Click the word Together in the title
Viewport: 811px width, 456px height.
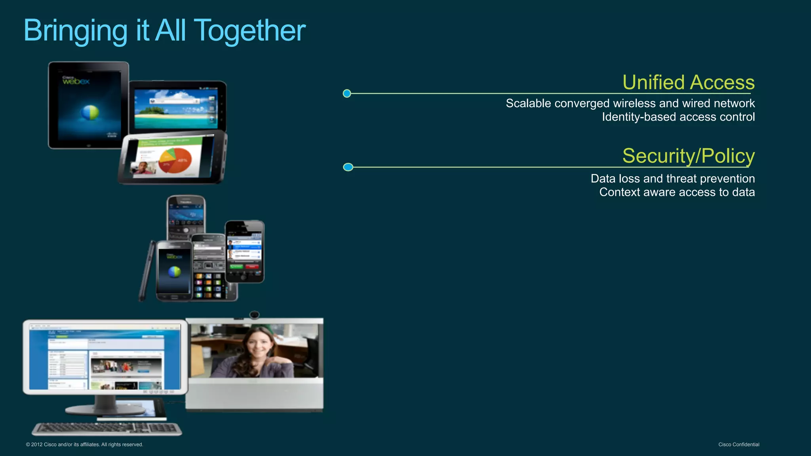coord(250,31)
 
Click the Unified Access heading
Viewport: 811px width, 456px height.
coord(688,82)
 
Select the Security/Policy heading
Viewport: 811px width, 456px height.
coord(688,156)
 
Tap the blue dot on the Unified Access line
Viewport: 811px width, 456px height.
coord(347,93)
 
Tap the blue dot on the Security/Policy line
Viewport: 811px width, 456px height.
coord(348,167)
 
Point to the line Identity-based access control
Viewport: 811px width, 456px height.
coord(678,117)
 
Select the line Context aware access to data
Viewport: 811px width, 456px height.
coord(677,192)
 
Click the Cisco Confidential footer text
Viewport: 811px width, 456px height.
coord(739,445)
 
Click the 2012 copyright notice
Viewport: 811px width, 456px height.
coord(84,445)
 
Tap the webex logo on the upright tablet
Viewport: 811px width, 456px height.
coord(76,81)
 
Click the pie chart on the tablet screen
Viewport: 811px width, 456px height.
coord(175,160)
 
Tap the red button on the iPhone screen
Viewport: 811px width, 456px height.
coord(252,267)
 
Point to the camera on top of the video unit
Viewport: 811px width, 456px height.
coord(254,315)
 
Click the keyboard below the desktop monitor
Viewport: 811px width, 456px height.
coord(107,428)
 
